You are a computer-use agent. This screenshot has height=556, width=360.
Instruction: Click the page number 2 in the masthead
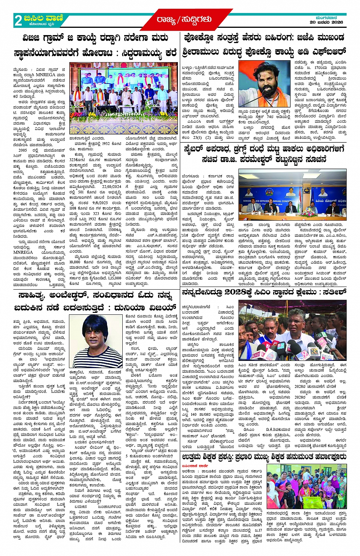coord(18,20)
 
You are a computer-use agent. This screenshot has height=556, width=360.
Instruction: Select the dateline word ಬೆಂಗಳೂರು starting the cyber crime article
coord(190,176)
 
